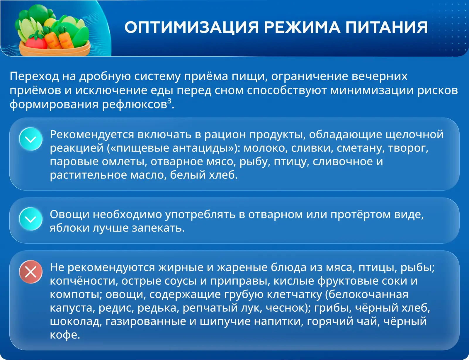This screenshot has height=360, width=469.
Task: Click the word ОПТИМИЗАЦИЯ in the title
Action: tap(191, 27)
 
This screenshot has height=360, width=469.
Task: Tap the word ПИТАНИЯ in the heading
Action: tap(386, 27)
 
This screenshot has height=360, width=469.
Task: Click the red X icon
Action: tap(31, 272)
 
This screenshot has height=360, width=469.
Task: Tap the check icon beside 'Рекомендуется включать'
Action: tap(31, 139)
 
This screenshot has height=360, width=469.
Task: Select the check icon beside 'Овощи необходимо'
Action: tap(31, 219)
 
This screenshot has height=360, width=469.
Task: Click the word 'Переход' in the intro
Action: tap(34, 76)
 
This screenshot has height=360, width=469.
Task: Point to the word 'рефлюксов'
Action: tap(135, 104)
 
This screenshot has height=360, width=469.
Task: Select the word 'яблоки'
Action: tap(69, 228)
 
